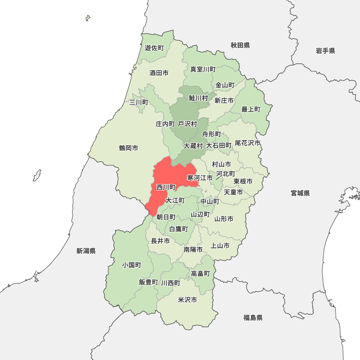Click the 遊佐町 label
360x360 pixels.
coord(154,48)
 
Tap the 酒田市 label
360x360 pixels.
coord(159,73)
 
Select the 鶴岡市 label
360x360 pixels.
coord(129,148)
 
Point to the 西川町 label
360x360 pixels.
coord(166,187)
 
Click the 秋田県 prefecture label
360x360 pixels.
coord(240,45)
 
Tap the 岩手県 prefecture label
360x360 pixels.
coord(325,51)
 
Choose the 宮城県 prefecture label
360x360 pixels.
coord(300,193)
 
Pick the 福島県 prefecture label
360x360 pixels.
coord(253,318)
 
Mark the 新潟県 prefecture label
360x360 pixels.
coord(86,251)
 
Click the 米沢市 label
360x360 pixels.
coord(188,300)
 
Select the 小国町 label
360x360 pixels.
coord(131,265)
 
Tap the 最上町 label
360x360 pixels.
coord(251,109)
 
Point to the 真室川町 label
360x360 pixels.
coord(203,69)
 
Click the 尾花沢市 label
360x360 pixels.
coord(248,143)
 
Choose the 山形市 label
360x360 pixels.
coord(224,219)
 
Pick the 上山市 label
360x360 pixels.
coord(220,246)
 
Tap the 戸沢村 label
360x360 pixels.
coord(188,124)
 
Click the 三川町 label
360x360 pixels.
coord(139,103)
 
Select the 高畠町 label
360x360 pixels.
coord(201,274)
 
